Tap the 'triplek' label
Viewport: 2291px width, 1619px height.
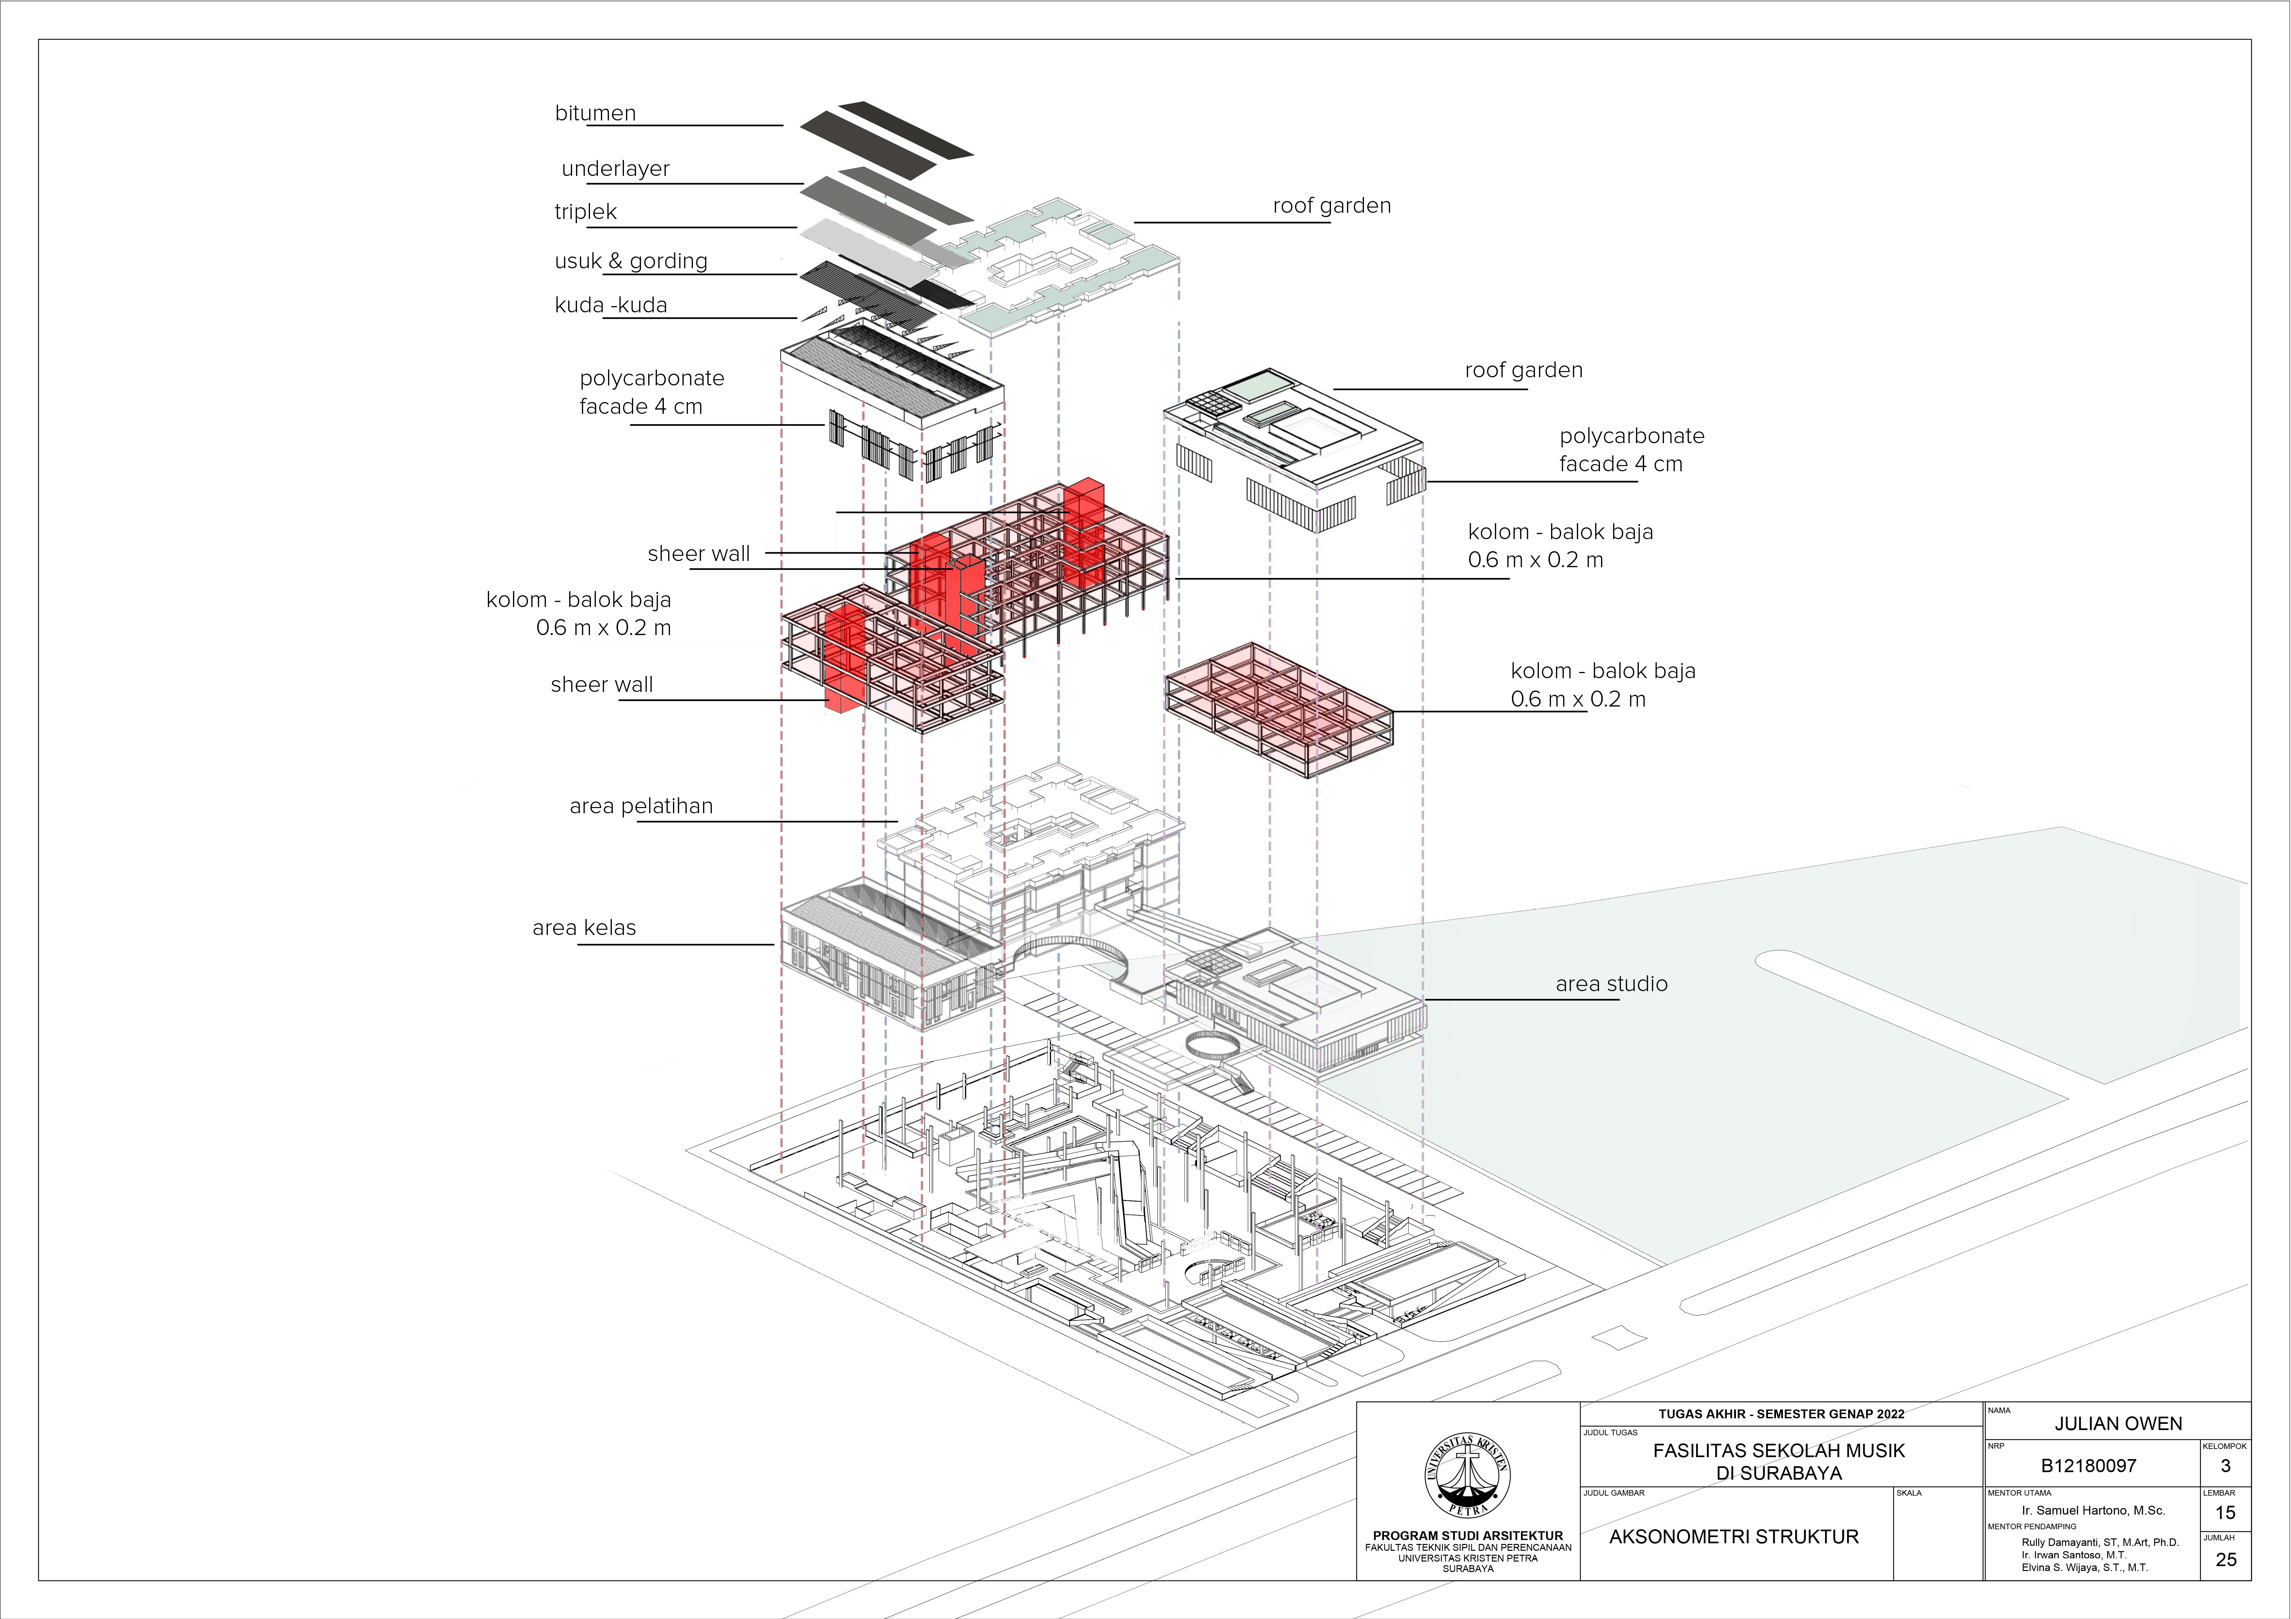tap(586, 211)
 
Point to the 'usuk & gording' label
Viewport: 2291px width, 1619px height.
tap(631, 261)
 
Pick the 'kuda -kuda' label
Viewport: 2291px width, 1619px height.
tap(611, 305)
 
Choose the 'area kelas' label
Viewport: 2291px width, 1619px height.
tap(584, 928)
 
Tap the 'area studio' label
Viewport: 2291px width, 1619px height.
tap(1611, 984)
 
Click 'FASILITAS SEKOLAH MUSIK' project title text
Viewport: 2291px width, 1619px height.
tap(1779, 1450)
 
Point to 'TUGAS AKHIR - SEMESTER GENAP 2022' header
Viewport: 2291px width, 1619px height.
tap(1781, 1413)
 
